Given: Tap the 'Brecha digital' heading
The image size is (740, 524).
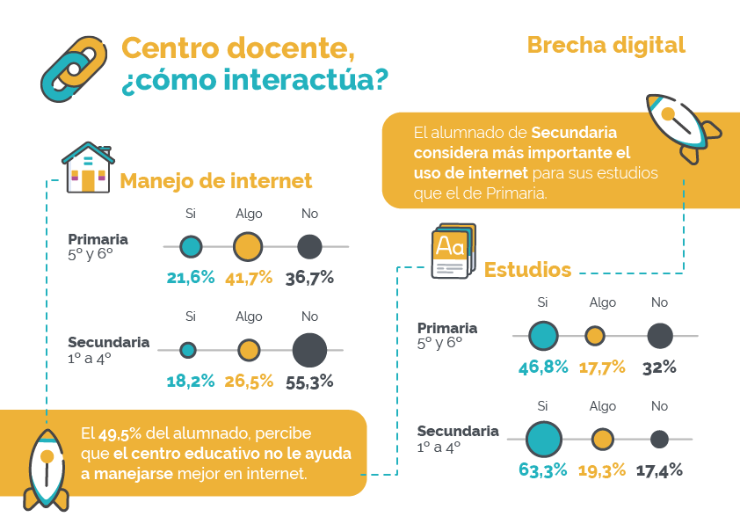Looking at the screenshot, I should pyautogui.click(x=606, y=45).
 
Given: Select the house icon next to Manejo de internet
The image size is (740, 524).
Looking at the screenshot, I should pyautogui.click(x=88, y=167).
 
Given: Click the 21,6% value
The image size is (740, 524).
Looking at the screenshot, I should pyautogui.click(x=191, y=278).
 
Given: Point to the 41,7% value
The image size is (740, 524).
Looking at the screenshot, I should pyautogui.click(x=248, y=278).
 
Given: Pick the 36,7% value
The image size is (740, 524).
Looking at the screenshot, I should pyautogui.click(x=309, y=278).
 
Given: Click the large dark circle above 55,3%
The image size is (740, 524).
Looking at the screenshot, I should pyautogui.click(x=309, y=350).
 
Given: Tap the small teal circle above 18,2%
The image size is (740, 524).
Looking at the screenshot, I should pyautogui.click(x=188, y=350).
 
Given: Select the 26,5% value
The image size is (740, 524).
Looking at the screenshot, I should pyautogui.click(x=248, y=382).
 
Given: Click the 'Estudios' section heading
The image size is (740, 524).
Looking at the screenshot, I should pyautogui.click(x=527, y=269).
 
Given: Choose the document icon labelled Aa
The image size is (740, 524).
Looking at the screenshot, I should pyautogui.click(x=453, y=251).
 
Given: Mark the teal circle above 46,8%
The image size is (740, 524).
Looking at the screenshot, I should pyautogui.click(x=543, y=335).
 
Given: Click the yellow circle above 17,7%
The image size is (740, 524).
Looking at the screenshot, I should pyautogui.click(x=595, y=335).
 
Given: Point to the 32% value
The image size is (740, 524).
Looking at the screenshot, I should pyautogui.click(x=659, y=368).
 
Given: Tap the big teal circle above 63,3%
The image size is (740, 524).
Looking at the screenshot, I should pyautogui.click(x=543, y=439).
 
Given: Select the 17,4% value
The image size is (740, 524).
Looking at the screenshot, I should pyautogui.click(x=658, y=470).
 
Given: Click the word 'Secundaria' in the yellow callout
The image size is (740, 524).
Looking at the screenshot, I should pyautogui.click(x=574, y=133).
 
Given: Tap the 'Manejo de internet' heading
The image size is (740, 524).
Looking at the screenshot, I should pyautogui.click(x=215, y=181).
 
